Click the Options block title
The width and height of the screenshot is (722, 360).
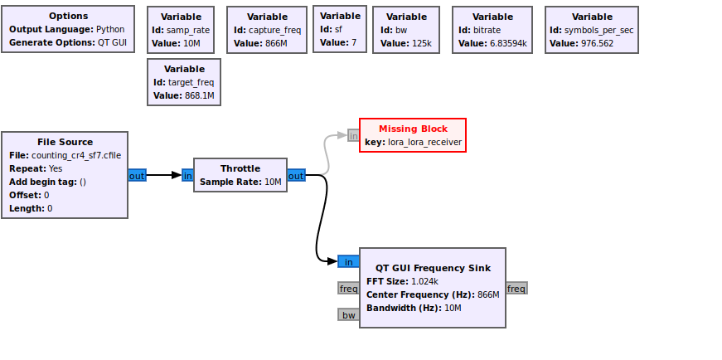(68, 16)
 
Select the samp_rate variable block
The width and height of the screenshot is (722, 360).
(181, 30)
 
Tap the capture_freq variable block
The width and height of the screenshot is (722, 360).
(267, 30)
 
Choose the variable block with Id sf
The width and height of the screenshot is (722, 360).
(340, 29)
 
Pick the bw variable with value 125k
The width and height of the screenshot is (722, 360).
(406, 30)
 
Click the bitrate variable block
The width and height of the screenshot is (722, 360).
(492, 30)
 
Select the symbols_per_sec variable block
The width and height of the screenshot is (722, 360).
(592, 30)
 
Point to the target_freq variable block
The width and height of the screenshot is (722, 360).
(184, 82)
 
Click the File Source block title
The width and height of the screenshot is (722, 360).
(65, 142)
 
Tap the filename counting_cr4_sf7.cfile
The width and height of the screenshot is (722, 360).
(76, 155)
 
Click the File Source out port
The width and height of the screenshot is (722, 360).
(137, 175)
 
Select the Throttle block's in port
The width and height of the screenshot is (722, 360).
(187, 175)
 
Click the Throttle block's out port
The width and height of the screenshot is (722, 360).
(296, 175)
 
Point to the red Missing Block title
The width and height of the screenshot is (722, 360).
(413, 129)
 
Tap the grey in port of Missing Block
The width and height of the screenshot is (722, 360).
(353, 135)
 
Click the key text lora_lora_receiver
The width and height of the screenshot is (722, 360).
(424, 143)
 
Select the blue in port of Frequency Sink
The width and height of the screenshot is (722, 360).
(348, 261)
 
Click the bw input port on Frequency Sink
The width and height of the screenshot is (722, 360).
(348, 314)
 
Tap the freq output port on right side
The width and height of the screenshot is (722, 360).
(516, 288)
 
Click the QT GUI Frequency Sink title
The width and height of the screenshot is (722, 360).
(433, 268)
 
